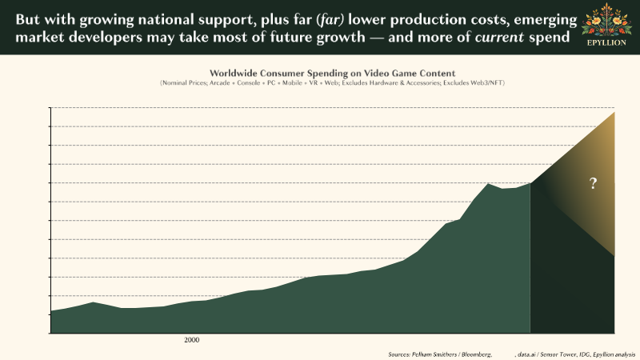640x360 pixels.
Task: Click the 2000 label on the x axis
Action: [191, 340]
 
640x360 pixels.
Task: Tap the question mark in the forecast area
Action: [593, 184]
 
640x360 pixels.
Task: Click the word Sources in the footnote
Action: [398, 353]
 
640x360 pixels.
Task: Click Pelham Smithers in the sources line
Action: [432, 353]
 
